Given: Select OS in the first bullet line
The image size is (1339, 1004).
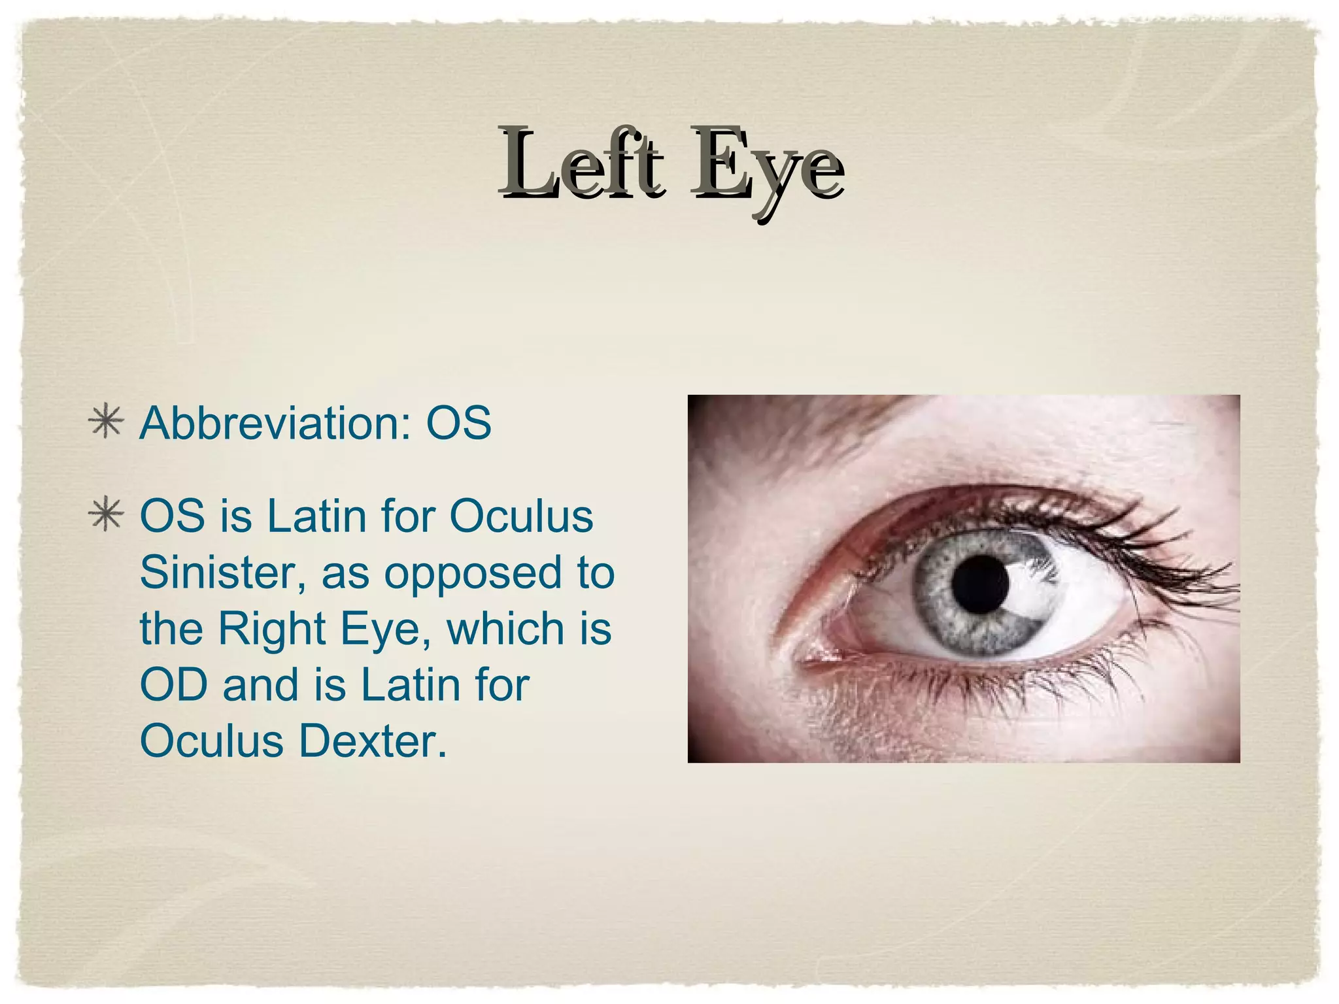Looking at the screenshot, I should [458, 424].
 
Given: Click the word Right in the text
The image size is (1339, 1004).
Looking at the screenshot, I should [271, 629].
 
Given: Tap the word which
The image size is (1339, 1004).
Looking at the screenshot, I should [504, 629].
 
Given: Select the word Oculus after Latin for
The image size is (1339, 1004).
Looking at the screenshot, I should [521, 516].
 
